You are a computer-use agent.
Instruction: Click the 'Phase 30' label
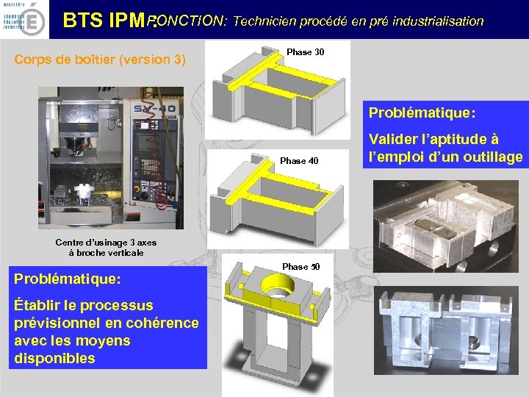click(x=305, y=52)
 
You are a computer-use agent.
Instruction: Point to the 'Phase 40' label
click(x=299, y=161)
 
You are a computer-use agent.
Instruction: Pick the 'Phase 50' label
click(x=301, y=266)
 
